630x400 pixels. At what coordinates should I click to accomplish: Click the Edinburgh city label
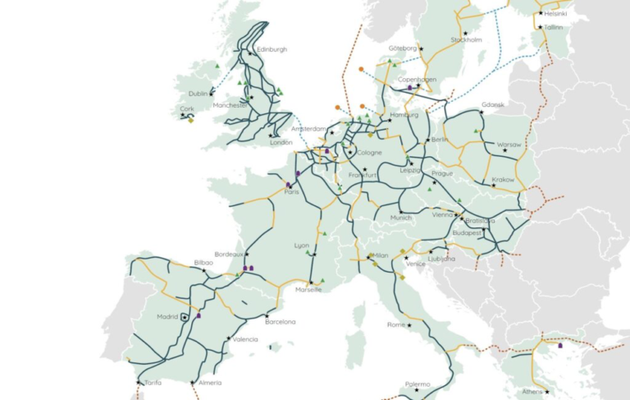[272, 49]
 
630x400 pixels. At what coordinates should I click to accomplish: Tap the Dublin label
[198, 94]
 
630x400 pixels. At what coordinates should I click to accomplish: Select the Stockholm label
[466, 40]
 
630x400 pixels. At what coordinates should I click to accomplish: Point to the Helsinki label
[559, 14]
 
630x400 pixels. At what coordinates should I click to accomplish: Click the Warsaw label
[509, 145]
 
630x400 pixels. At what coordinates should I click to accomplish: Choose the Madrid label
[167, 316]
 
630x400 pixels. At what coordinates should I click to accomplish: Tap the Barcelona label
[280, 322]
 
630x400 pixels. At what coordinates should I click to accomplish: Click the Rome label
[396, 324]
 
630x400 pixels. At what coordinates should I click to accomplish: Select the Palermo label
[418, 384]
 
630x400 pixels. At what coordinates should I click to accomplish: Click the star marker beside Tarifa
[137, 382]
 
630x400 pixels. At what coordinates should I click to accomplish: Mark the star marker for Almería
[192, 382]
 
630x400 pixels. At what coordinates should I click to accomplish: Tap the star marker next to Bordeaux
[245, 255]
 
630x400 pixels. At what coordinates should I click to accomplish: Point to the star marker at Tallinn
[540, 27]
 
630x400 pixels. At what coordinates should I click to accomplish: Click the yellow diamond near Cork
[190, 121]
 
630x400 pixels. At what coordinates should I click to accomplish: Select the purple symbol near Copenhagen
[409, 86]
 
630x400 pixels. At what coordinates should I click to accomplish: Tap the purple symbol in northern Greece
[559, 345]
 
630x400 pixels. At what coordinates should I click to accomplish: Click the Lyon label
[302, 246]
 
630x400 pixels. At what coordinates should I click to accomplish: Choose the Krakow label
[503, 179]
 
